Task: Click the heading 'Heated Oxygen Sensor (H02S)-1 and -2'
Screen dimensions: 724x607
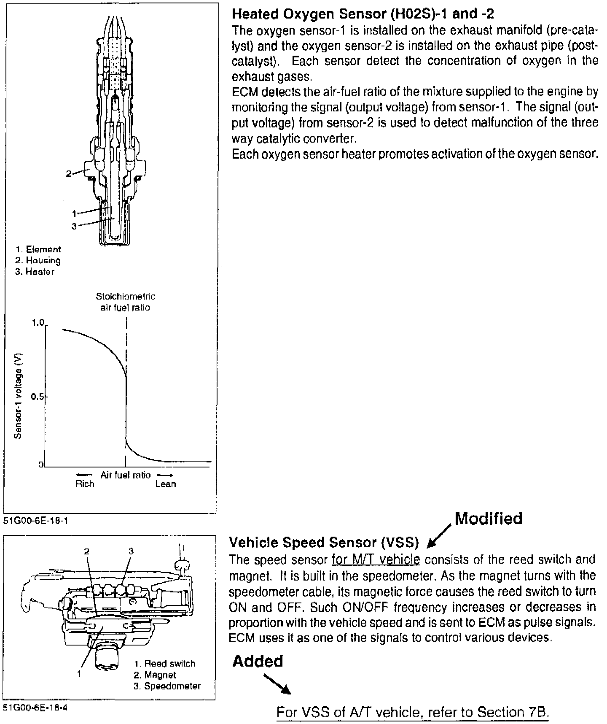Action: [x=363, y=14]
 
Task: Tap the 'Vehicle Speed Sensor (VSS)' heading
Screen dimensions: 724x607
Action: [x=324, y=542]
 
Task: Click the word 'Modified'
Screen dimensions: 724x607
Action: [x=489, y=519]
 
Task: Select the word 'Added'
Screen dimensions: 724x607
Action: [x=258, y=661]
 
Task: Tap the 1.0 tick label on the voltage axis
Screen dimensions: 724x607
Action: [x=38, y=323]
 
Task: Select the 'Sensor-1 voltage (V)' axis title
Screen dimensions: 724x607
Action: [x=18, y=396]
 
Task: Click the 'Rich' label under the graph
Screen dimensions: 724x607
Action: [x=85, y=484]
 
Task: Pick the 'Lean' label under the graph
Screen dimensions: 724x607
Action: [x=166, y=484]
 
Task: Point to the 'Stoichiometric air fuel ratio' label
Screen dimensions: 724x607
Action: [x=125, y=302]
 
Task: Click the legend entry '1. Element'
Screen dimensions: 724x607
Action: [x=38, y=250]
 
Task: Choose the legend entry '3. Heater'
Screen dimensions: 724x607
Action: [x=35, y=272]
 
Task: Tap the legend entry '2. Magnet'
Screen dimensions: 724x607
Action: [x=155, y=675]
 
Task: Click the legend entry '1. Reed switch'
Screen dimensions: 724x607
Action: [x=164, y=664]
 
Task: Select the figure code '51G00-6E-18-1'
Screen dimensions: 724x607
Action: [x=35, y=521]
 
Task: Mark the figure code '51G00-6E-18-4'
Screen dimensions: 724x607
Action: [x=35, y=708]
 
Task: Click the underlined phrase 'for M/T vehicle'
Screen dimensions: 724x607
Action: [x=376, y=560]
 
